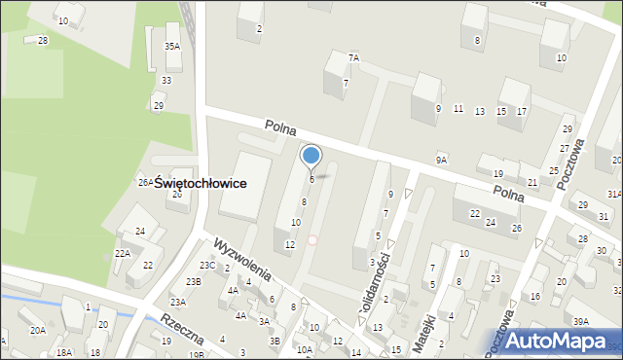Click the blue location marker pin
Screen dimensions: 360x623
[311, 156]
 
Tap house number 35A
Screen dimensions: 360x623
[171, 46]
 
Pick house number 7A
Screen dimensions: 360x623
[354, 58]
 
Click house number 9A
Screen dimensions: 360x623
[441, 160]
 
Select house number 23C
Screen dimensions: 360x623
[207, 265]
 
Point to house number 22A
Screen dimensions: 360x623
[122, 253]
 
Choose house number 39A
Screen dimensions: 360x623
[581, 322]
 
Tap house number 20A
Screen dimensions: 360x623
[37, 331]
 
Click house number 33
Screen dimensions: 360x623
[166, 80]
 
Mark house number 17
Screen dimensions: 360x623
[522, 112]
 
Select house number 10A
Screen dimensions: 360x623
[305, 349]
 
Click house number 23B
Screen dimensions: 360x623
[193, 281]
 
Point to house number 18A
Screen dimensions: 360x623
[64, 352]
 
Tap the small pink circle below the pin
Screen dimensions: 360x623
[311, 240]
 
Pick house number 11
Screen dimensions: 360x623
[458, 109]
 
